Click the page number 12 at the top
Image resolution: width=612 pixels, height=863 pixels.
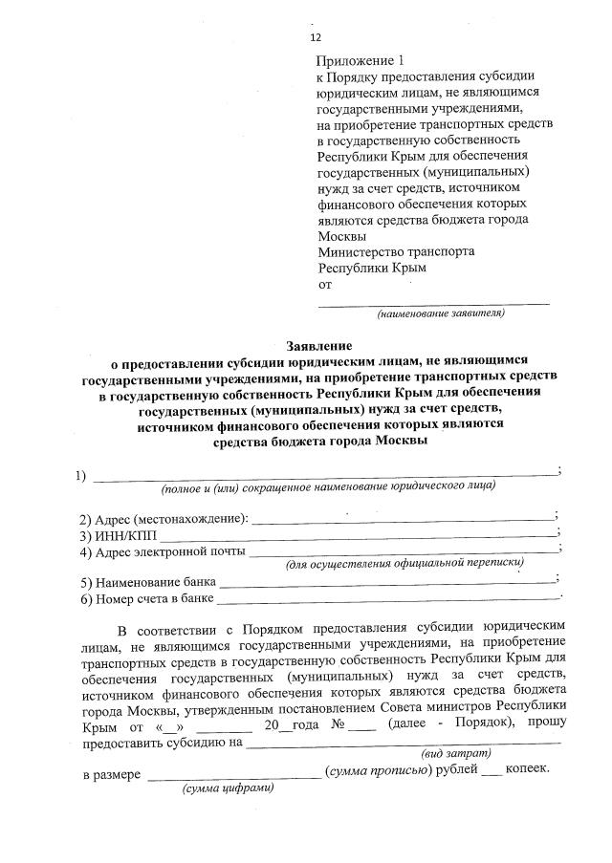pos(316,38)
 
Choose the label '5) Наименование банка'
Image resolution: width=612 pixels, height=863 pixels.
pos(149,582)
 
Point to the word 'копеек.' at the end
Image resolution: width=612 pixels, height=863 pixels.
pos(527,771)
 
